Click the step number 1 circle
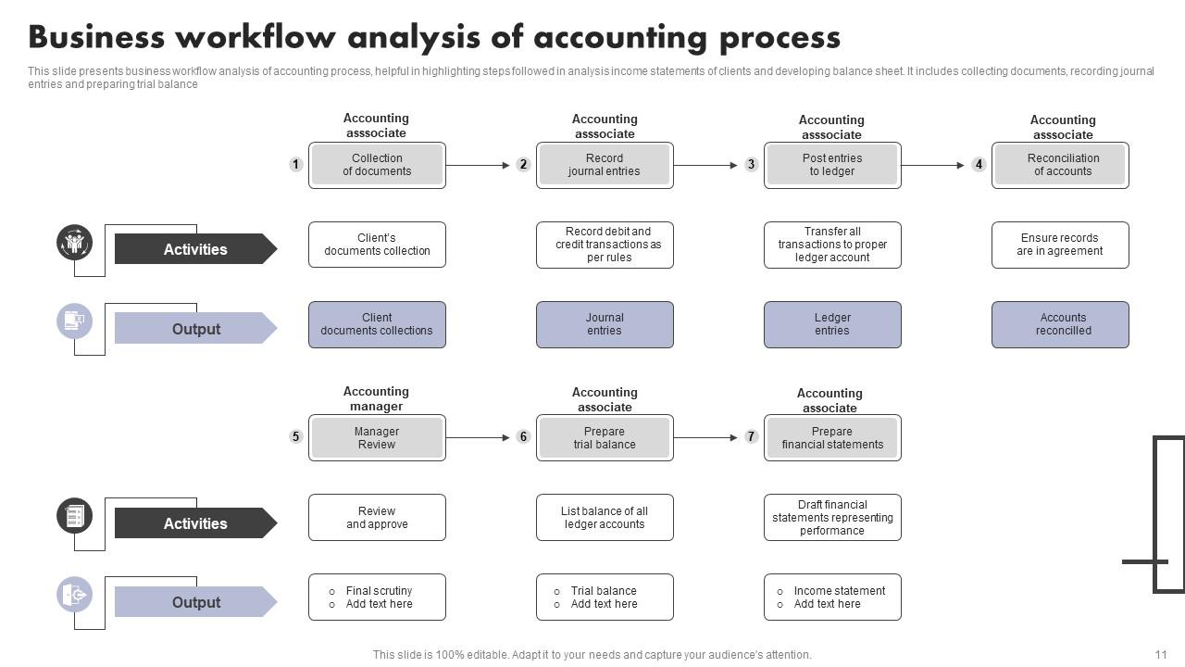(x=295, y=165)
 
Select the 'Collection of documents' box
(x=377, y=165)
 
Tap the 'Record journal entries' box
(x=605, y=165)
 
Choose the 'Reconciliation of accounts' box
(x=1060, y=165)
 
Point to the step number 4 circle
(x=979, y=165)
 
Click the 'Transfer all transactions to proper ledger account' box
(x=832, y=245)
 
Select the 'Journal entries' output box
(x=605, y=324)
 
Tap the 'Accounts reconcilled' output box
(x=1060, y=324)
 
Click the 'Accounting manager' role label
(x=376, y=399)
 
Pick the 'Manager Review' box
(x=377, y=438)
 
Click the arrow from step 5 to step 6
(x=478, y=437)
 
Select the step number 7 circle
(x=751, y=436)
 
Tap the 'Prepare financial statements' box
(x=832, y=438)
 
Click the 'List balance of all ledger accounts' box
(x=605, y=518)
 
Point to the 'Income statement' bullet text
(x=839, y=591)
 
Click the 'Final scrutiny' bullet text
(x=379, y=591)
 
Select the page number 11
(x=1161, y=654)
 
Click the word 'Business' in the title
(x=95, y=38)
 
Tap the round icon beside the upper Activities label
(x=74, y=244)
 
